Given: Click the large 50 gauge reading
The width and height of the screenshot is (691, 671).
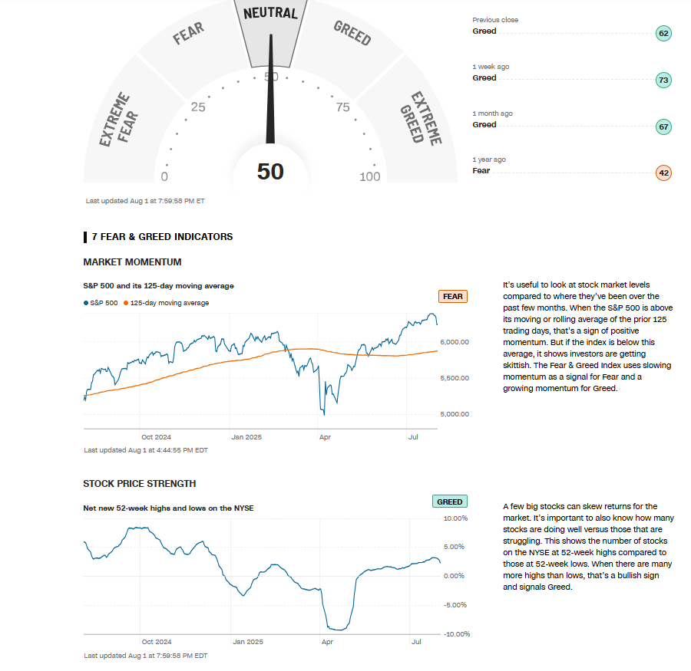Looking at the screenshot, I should (x=270, y=171).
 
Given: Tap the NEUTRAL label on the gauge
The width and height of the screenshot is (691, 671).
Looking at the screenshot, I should (x=270, y=13).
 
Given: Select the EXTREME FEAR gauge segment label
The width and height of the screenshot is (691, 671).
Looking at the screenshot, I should (x=115, y=120).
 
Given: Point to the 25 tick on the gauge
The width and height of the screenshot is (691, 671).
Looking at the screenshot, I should (x=198, y=107).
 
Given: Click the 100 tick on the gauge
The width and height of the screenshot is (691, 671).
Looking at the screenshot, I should (x=369, y=177).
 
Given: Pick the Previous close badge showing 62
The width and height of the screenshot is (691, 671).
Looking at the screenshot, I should (x=664, y=33).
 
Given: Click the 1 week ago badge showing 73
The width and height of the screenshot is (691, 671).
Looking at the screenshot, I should (x=664, y=80).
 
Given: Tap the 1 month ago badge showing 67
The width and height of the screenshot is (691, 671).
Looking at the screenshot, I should (x=664, y=127).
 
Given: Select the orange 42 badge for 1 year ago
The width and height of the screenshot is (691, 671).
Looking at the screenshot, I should (x=664, y=173).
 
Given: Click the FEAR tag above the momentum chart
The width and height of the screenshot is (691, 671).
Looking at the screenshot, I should (x=452, y=297).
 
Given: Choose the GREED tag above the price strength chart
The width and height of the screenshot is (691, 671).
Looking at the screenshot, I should (x=449, y=502).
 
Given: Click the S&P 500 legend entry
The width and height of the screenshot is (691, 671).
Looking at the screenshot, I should (x=101, y=303).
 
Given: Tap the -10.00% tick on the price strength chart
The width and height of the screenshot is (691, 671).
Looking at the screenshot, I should (x=456, y=634).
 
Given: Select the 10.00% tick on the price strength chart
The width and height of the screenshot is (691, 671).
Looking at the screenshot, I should (x=456, y=518).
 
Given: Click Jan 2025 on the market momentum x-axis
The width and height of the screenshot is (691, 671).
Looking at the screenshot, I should (x=247, y=437).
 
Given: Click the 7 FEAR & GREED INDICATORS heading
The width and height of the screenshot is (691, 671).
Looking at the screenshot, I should (x=162, y=237).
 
